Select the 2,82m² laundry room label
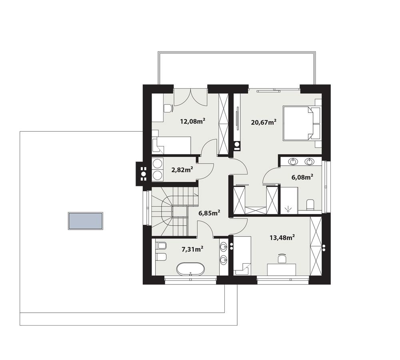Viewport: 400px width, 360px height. click(x=182, y=170)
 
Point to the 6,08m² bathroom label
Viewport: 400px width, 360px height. click(x=301, y=176)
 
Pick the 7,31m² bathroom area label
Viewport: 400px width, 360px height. click(x=192, y=249)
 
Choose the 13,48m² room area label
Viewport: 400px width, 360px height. click(x=282, y=238)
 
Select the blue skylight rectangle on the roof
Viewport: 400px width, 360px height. click(x=86, y=221)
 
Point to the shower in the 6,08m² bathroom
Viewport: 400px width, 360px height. click(x=289, y=199)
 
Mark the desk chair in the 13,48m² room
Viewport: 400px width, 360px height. click(x=282, y=258)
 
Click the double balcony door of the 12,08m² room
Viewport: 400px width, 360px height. click(x=190, y=96)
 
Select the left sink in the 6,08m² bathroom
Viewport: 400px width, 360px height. click(x=294, y=162)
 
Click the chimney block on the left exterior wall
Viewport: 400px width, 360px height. click(x=142, y=174)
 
